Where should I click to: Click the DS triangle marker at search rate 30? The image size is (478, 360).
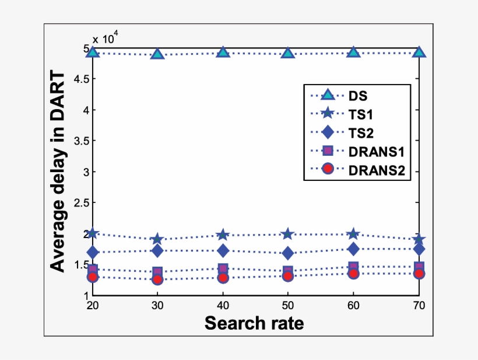point(157,54)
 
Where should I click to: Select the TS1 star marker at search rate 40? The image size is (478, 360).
point(222,235)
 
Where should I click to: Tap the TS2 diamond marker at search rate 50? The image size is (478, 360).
point(287,253)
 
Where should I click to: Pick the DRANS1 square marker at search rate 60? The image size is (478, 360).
point(353,267)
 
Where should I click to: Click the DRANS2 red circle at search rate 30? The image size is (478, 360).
point(157,279)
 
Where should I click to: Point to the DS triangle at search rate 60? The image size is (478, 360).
point(353,53)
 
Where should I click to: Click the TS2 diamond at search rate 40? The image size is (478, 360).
point(222,250)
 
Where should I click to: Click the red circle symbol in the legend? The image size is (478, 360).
point(328,169)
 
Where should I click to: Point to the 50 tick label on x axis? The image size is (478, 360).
point(287,306)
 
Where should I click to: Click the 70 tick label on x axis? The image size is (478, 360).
point(418,306)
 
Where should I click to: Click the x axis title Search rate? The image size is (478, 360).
point(254,323)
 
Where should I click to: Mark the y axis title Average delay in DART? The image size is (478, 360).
point(57,171)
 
